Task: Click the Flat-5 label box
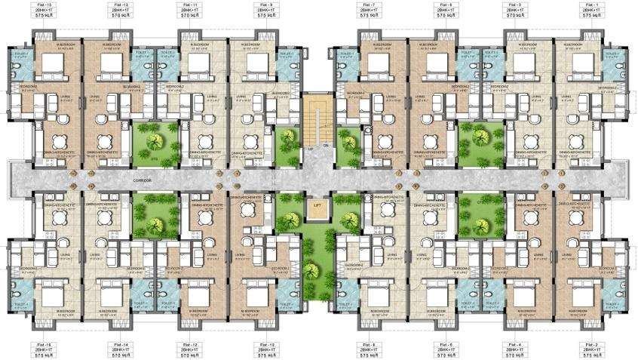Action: (445, 10)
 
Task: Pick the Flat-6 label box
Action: (445, 349)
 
